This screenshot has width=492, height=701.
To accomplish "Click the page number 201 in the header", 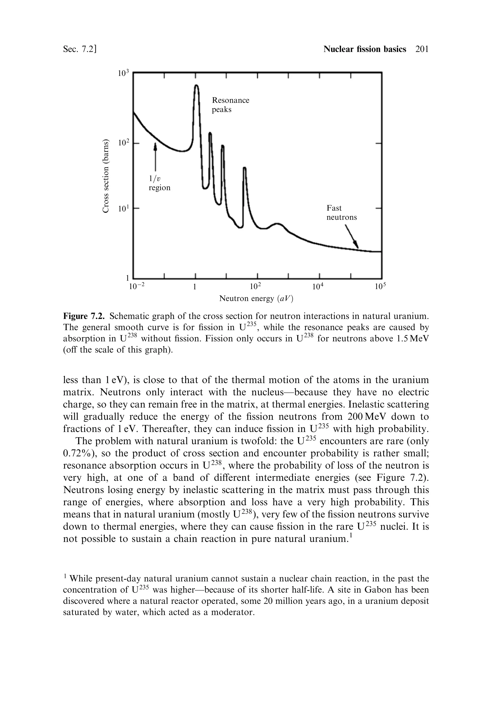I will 422,49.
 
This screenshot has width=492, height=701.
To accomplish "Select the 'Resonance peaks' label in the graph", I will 230,105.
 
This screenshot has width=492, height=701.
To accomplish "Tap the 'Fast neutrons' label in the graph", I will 341,213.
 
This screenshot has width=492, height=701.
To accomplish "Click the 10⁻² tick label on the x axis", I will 136,287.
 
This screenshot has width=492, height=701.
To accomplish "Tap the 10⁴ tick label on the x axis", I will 319,287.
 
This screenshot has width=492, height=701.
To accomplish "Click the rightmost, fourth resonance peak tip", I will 244,168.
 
